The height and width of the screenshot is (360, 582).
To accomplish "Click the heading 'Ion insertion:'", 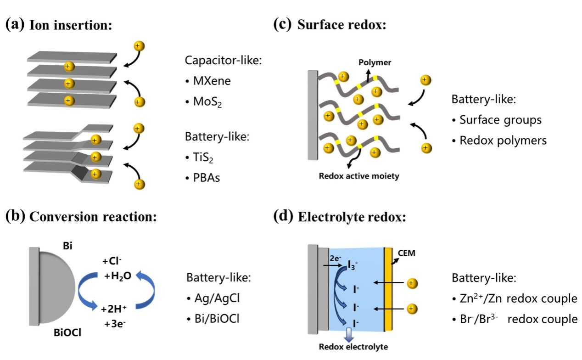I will click(71, 25).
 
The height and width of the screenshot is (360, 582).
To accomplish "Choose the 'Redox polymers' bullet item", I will click(503, 140).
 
